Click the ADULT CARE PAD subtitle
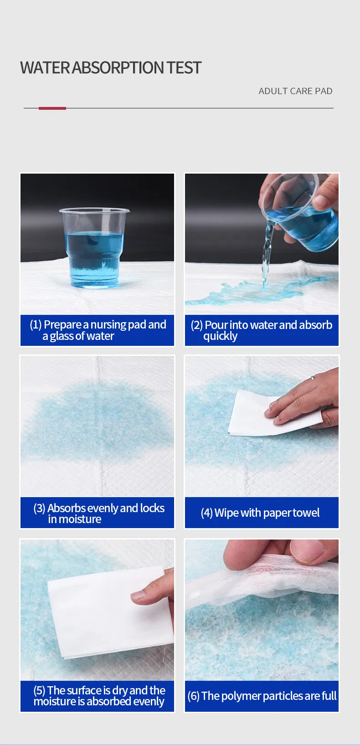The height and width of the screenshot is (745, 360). coord(295,91)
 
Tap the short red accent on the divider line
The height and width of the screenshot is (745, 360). coord(52,108)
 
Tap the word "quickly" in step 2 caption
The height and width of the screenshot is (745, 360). coord(220,336)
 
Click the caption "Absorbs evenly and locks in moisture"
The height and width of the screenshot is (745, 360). coord(98,513)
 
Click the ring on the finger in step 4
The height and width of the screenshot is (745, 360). coord(312,378)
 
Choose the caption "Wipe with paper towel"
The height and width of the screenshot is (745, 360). coord(260,513)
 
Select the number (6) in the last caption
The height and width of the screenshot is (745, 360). coord(193,696)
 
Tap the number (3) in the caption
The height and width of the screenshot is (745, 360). coord(39,509)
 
